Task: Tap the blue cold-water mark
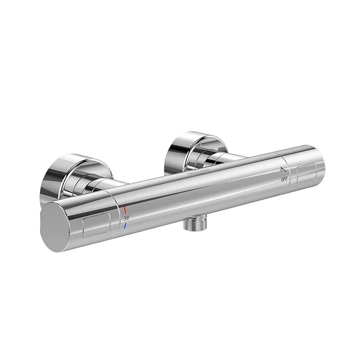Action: pos(124,225)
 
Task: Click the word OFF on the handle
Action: pos(285,180)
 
